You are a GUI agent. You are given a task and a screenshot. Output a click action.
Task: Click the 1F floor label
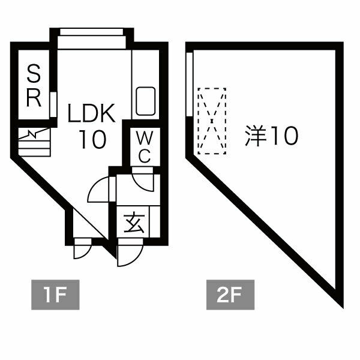[x=55, y=295]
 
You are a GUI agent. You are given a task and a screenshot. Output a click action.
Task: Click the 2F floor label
[x=230, y=295]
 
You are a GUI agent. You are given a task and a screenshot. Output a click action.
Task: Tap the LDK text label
[x=91, y=113]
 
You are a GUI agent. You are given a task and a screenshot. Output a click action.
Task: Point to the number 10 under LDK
[x=93, y=139]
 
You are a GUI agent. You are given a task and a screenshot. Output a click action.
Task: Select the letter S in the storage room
[x=34, y=73]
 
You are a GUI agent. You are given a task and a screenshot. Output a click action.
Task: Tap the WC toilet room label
[x=145, y=147]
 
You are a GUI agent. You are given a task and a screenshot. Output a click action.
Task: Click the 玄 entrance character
[x=134, y=223]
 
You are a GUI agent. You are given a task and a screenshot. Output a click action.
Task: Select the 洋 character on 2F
[x=255, y=136]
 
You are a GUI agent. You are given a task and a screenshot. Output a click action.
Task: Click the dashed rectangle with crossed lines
[x=212, y=121]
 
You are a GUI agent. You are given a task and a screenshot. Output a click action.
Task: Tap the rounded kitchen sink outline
[x=146, y=101]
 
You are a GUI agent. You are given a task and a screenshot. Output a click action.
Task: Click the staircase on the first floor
[x=34, y=142]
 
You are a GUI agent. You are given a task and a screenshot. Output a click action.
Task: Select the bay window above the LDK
[x=92, y=38]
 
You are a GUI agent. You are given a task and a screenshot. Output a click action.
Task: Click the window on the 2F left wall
[x=190, y=85]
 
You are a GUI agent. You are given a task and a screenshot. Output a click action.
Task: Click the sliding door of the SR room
[x=53, y=104]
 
